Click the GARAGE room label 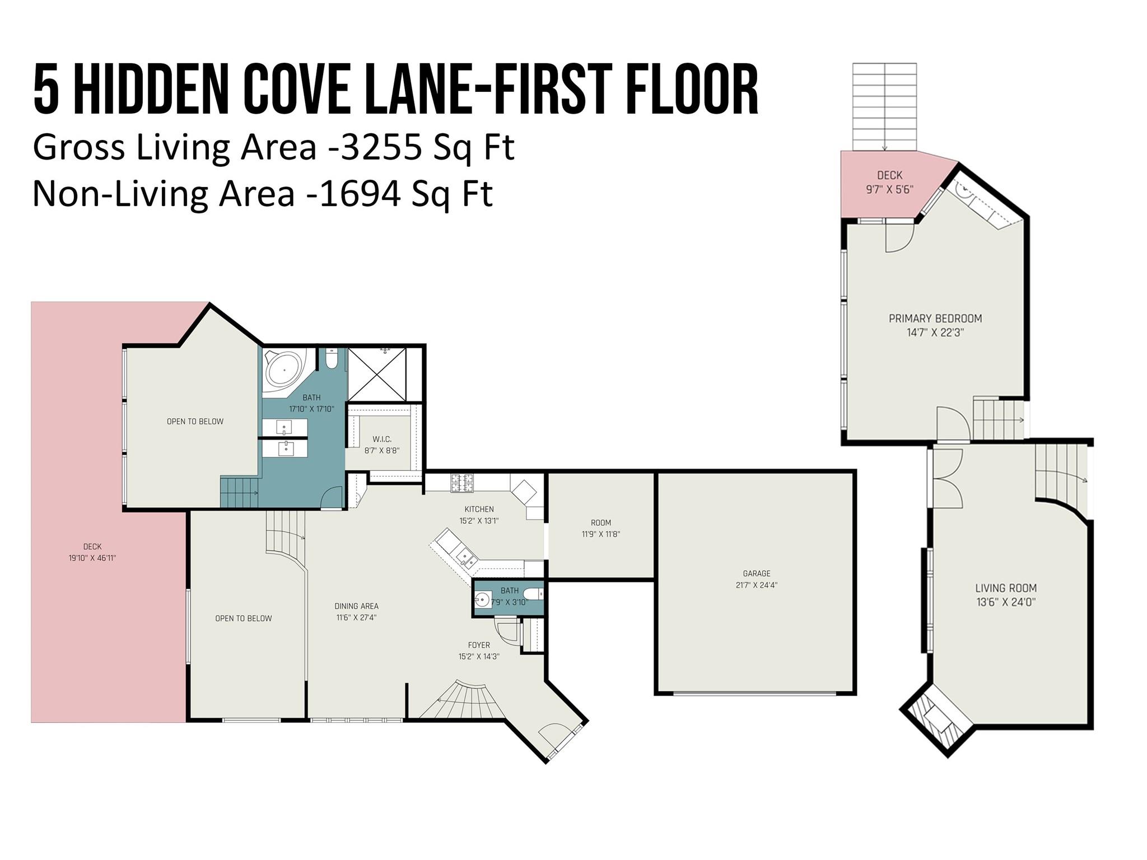click(756, 573)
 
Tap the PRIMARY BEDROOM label click(935, 319)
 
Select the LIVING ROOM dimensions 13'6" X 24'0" click(1005, 602)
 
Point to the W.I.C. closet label click(382, 439)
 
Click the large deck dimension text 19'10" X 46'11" click(92, 558)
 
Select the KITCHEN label click(479, 509)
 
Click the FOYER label click(479, 645)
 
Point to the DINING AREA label click(356, 606)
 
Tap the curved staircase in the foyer click(465, 700)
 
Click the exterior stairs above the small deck click(884, 106)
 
